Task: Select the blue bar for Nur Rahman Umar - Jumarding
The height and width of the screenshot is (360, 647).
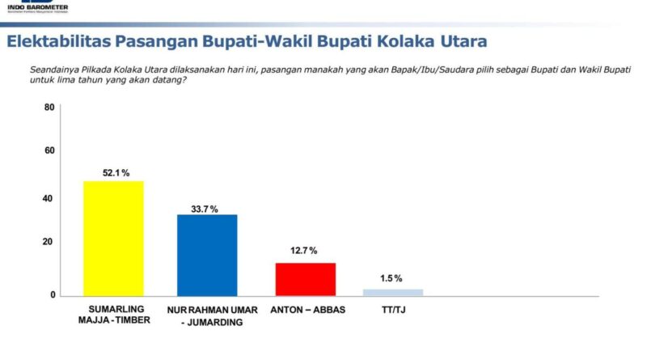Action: coord(207,255)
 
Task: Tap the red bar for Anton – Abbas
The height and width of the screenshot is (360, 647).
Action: coord(305,279)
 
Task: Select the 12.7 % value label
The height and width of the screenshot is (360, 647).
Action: coord(305,251)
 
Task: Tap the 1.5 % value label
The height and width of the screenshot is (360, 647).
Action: coord(392,278)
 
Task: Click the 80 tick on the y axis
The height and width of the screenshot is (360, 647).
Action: coord(49,107)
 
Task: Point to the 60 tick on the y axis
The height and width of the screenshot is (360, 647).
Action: coord(49,150)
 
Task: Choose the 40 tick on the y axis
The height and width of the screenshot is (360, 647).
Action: coord(49,198)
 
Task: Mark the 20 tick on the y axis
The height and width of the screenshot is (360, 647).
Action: coord(49,242)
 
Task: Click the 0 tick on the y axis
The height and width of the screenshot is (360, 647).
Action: coord(52,295)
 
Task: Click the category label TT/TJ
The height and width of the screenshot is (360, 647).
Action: coord(392,310)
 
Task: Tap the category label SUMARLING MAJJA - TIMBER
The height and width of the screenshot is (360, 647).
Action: coord(113,316)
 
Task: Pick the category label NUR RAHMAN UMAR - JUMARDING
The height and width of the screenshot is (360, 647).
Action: coord(208,316)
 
